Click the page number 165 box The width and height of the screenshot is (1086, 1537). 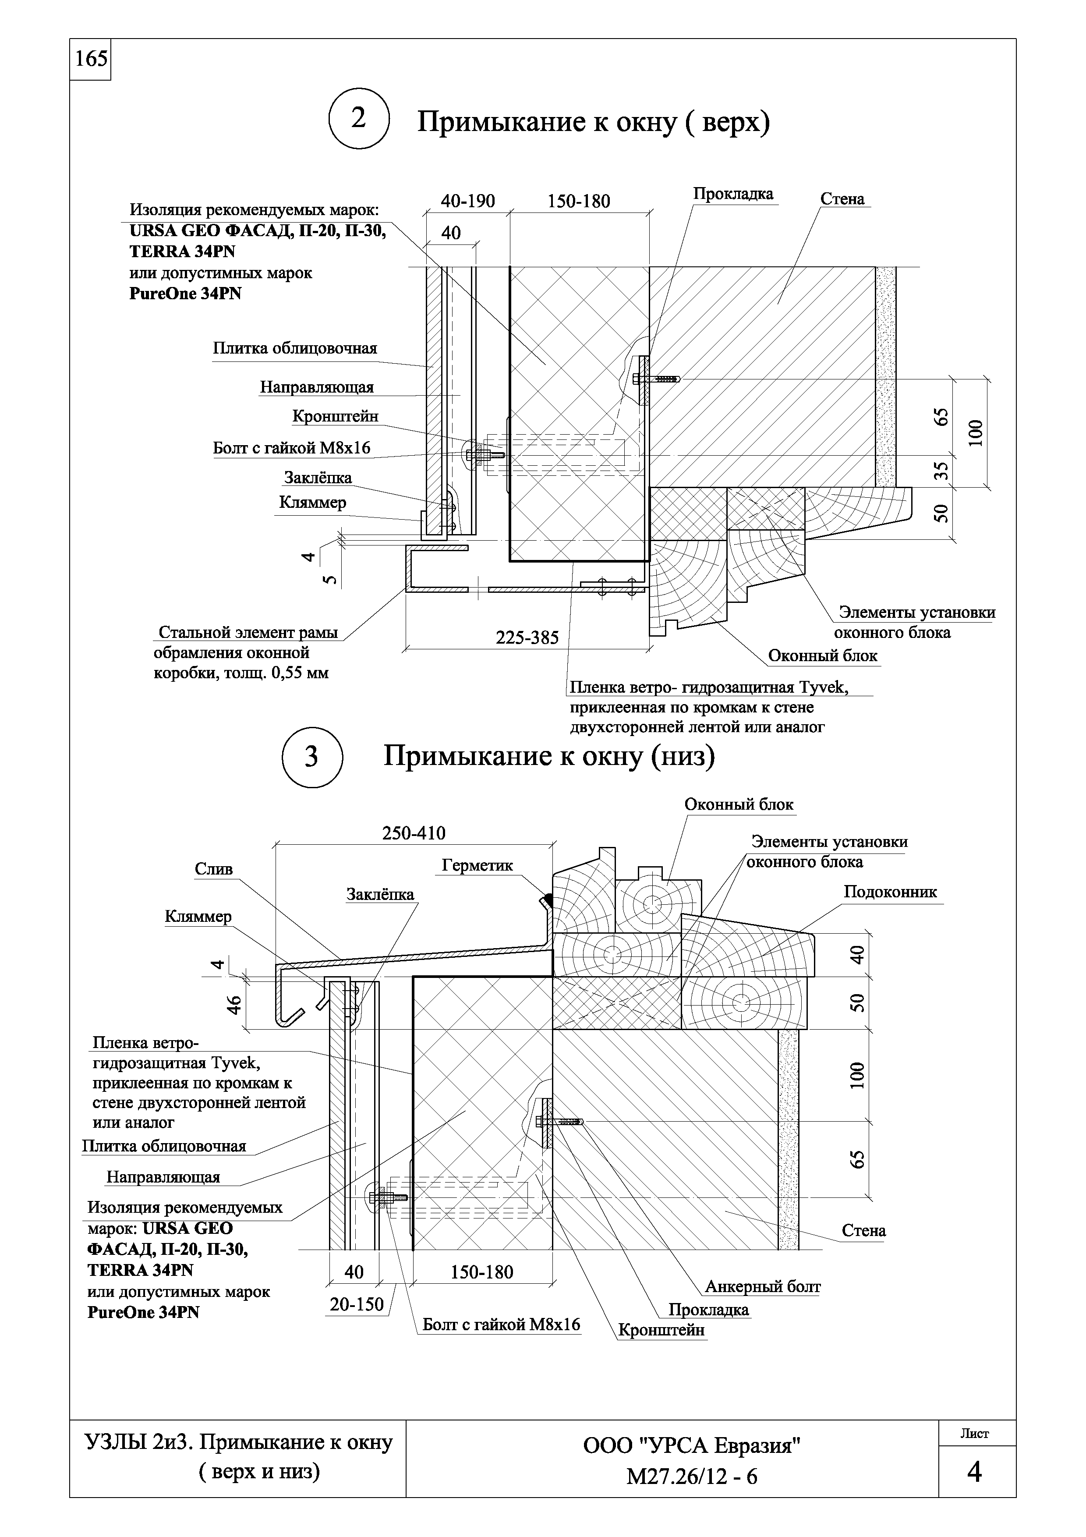90,60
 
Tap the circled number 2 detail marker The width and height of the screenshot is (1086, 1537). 359,119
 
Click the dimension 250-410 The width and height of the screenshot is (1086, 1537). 414,833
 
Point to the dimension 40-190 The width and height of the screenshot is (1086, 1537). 468,201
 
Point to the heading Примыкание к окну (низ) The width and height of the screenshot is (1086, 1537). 548,756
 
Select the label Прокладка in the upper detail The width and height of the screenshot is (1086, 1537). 733,194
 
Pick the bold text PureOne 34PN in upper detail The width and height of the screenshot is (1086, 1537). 185,294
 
